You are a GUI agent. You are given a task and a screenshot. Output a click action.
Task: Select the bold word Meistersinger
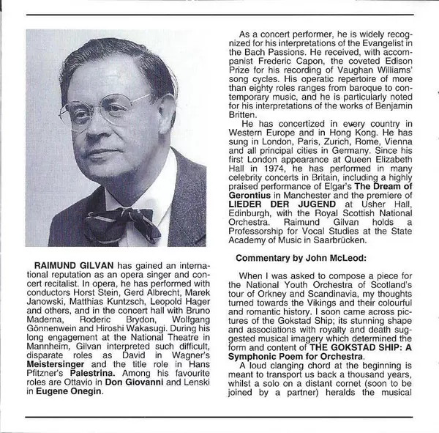(58, 361)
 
